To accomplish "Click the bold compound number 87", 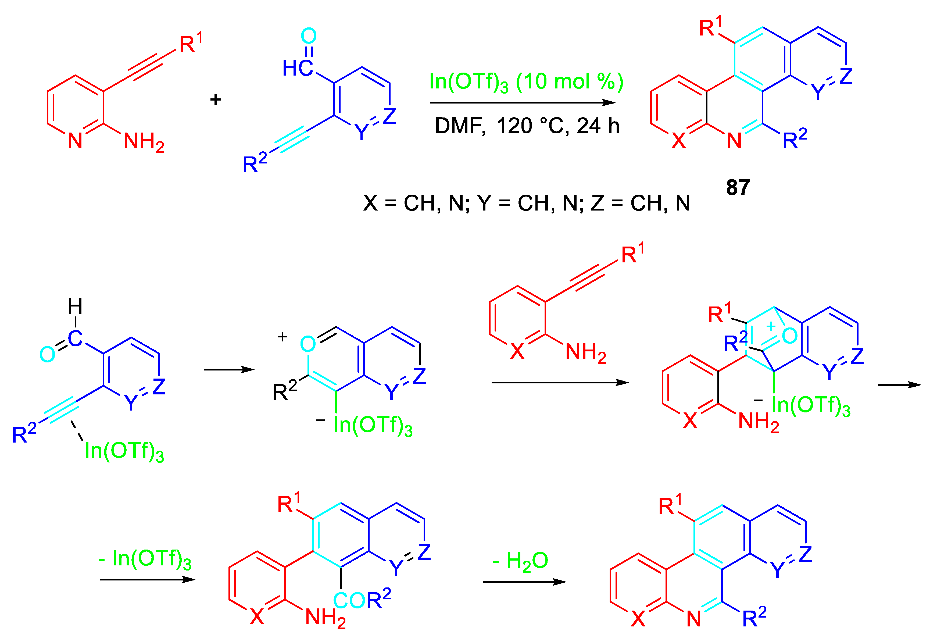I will [x=738, y=188].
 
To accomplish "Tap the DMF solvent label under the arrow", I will [x=460, y=126].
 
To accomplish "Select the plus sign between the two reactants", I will [x=216, y=99].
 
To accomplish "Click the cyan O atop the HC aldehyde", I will [x=309, y=36].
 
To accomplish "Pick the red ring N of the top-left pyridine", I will [x=75, y=141].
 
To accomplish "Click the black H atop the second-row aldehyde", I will [x=75, y=306].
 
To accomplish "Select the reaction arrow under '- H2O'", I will [x=524, y=582].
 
